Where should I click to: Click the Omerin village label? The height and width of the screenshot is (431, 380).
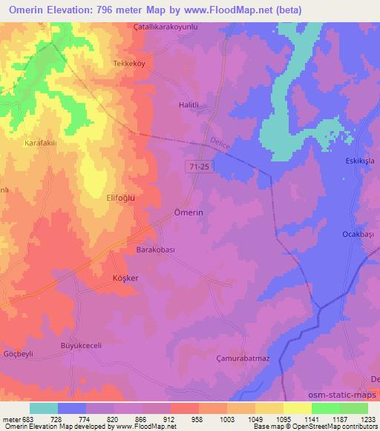tap(189, 212)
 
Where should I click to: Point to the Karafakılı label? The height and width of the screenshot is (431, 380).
tap(41, 142)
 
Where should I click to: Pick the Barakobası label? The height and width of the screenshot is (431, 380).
tap(155, 250)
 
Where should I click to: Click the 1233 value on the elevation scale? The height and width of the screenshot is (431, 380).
tap(367, 418)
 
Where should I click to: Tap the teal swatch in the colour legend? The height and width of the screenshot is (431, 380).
tap(44, 408)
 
